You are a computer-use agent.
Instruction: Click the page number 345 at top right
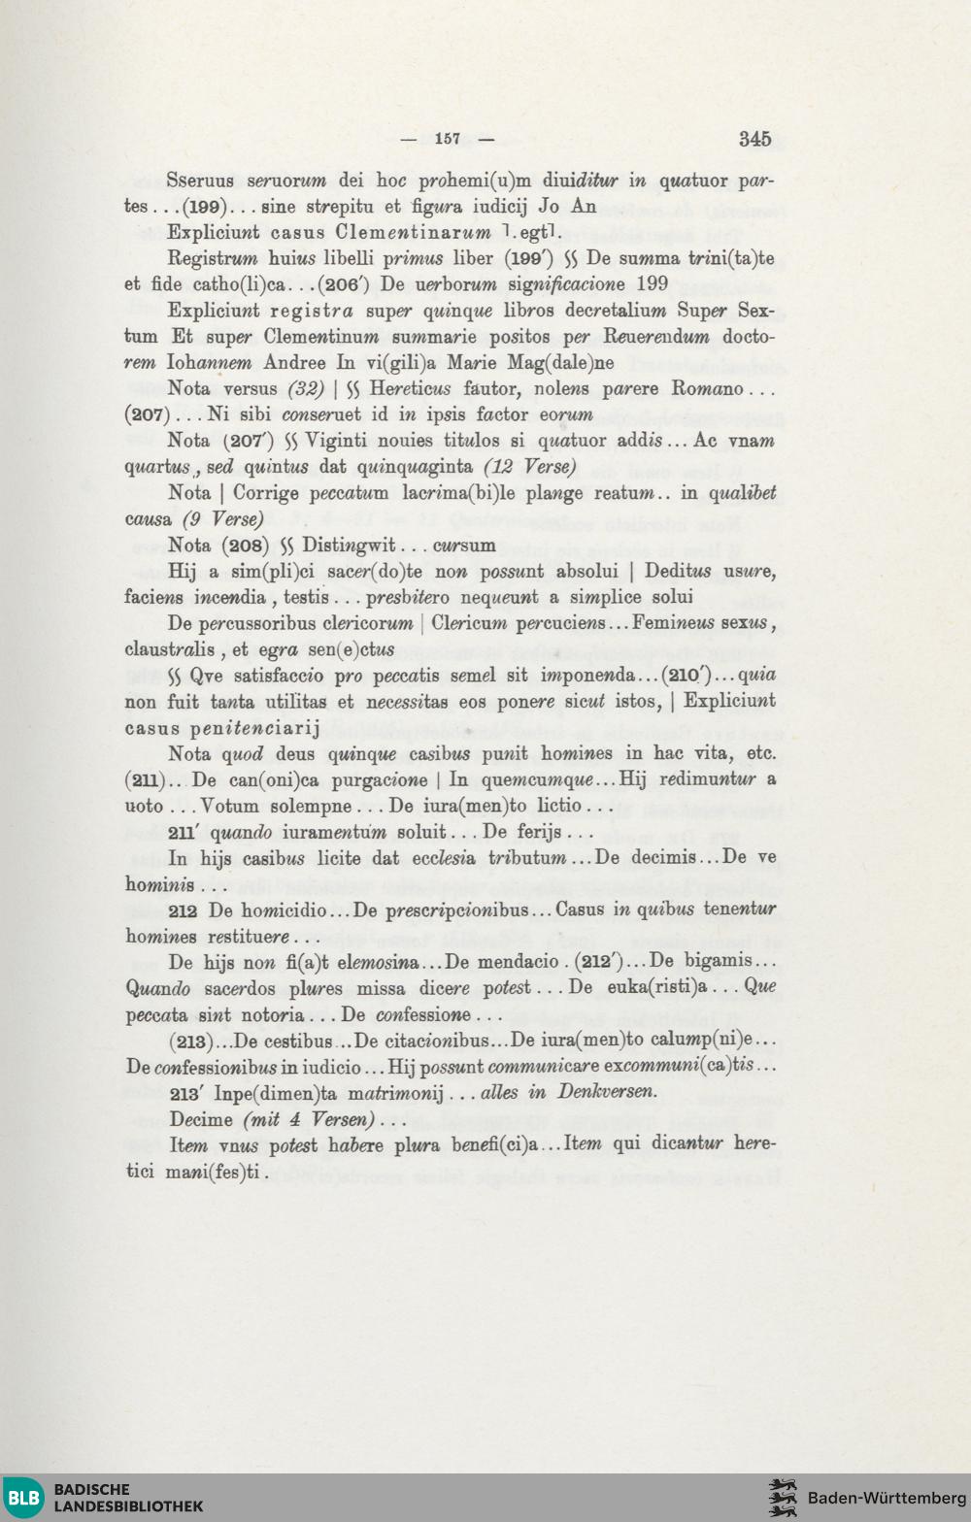click(754, 139)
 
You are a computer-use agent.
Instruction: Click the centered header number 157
click(448, 139)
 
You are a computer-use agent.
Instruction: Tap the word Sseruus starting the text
click(200, 181)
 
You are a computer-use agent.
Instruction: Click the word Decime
click(202, 1119)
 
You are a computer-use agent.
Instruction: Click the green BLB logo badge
click(24, 1497)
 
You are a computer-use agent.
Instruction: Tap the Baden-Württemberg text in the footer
click(887, 1498)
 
